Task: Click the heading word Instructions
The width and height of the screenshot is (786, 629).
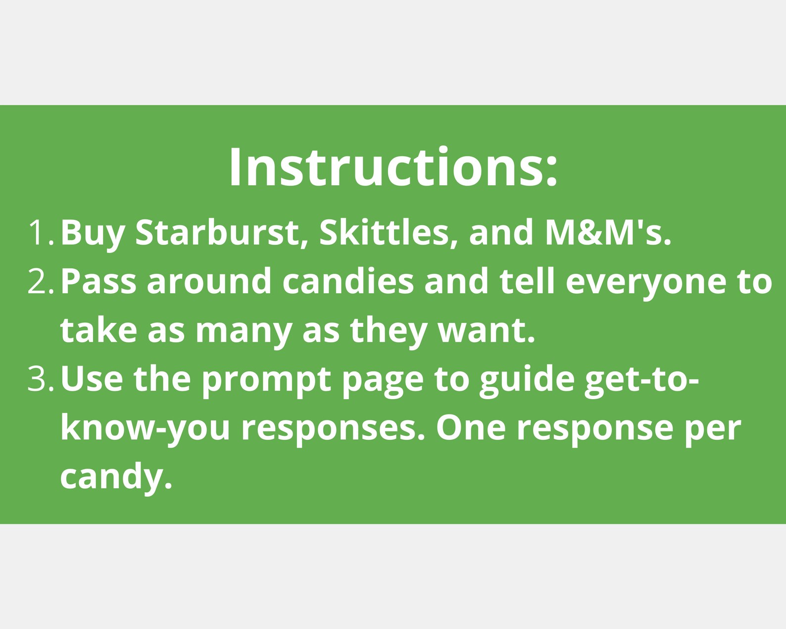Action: [393, 167]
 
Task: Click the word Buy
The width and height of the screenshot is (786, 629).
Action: [93, 233]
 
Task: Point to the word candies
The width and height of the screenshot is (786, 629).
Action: [348, 281]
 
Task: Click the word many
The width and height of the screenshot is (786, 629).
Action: [244, 331]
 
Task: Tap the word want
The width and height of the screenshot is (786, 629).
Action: [487, 330]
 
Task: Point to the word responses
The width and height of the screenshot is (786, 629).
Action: [333, 429]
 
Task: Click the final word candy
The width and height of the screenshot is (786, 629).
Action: [116, 477]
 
